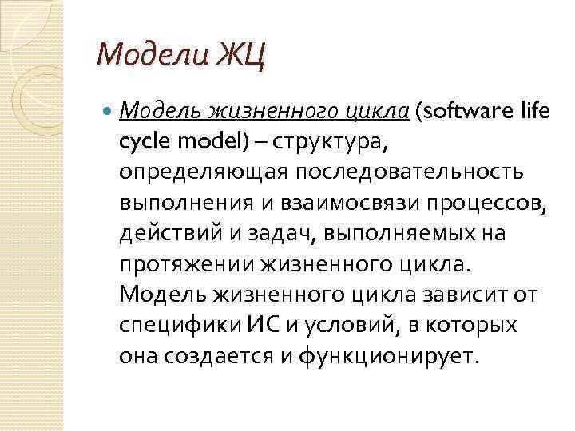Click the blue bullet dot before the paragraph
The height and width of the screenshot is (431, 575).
click(x=109, y=113)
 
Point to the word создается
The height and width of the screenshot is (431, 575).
click(x=215, y=355)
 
